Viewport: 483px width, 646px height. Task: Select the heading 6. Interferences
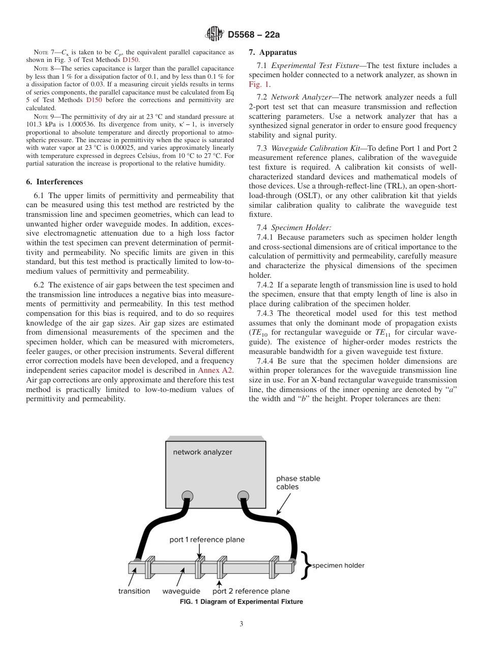point(54,182)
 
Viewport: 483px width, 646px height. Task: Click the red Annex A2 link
point(216,371)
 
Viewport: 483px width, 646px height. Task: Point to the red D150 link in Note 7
point(131,59)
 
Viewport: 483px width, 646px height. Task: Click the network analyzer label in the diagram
point(202,452)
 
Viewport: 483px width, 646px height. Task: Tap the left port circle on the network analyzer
point(188,496)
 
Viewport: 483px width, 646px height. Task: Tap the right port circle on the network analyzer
point(244,496)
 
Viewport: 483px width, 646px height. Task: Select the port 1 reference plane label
point(207,540)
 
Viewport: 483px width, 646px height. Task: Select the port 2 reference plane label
point(251,591)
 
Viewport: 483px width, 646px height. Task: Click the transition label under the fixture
point(134,591)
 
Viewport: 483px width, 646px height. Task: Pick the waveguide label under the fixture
point(181,591)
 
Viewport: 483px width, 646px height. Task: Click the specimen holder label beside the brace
point(338,565)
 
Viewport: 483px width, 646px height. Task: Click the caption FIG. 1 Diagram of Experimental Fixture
point(242,602)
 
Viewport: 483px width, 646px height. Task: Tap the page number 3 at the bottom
point(242,624)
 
